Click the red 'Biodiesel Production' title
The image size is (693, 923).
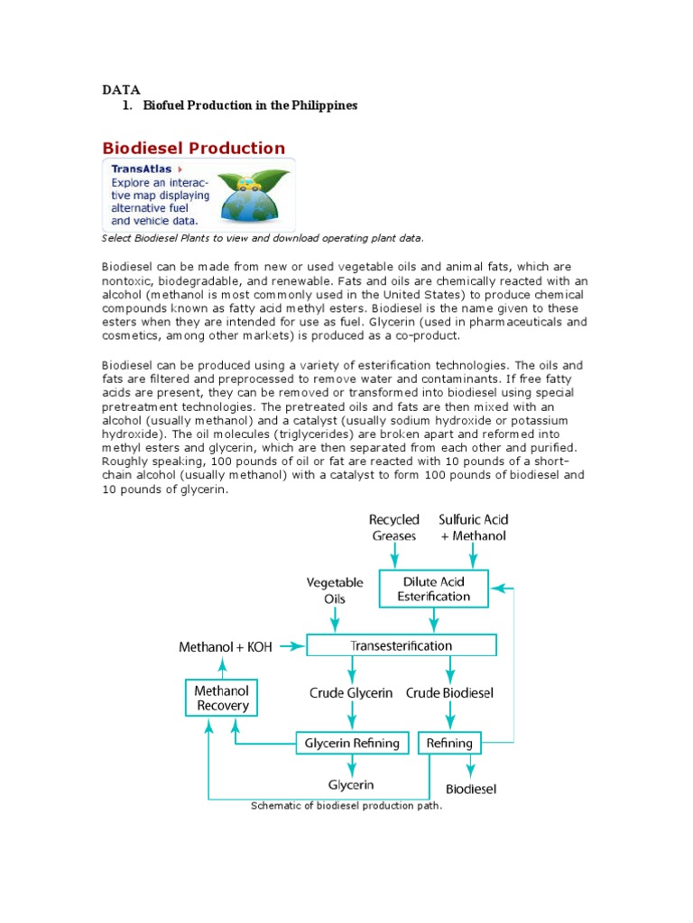pyautogui.click(x=193, y=148)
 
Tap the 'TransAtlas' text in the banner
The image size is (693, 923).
pyautogui.click(x=142, y=169)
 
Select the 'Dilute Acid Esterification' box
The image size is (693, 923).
pyautogui.click(x=434, y=588)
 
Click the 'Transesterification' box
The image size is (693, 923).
pyautogui.click(x=402, y=645)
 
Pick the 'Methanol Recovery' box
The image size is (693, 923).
pyautogui.click(x=222, y=698)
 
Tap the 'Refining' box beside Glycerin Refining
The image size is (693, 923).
pyautogui.click(x=448, y=743)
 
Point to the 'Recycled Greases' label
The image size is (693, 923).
pyautogui.click(x=394, y=527)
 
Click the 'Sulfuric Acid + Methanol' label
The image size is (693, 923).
pyautogui.click(x=473, y=527)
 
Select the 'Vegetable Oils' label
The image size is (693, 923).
pyautogui.click(x=335, y=590)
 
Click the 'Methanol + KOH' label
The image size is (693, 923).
pyautogui.click(x=226, y=646)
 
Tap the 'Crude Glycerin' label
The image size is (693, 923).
pyautogui.click(x=352, y=692)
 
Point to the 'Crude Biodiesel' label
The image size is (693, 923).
pyautogui.click(x=449, y=692)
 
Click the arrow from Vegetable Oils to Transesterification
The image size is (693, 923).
pyautogui.click(x=336, y=620)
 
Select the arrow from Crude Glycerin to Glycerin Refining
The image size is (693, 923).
pyautogui.click(x=352, y=717)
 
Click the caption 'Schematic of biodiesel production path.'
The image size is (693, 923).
pyautogui.click(x=346, y=806)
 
